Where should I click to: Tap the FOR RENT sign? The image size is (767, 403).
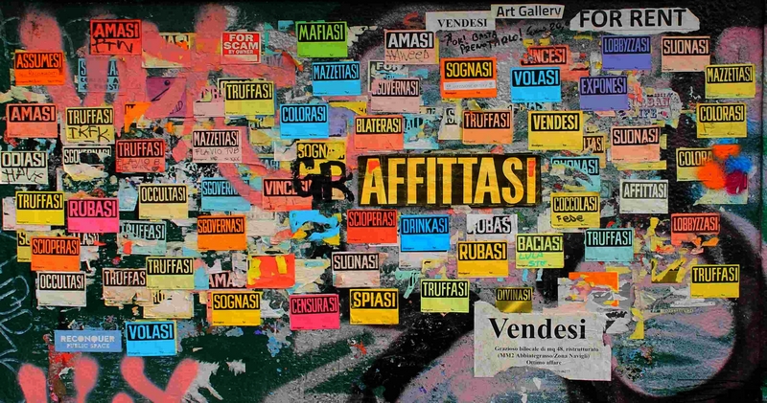634,18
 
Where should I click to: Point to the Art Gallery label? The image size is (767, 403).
527,11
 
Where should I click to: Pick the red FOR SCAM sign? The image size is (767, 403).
241,46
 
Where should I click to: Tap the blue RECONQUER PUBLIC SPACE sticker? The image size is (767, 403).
87,340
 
